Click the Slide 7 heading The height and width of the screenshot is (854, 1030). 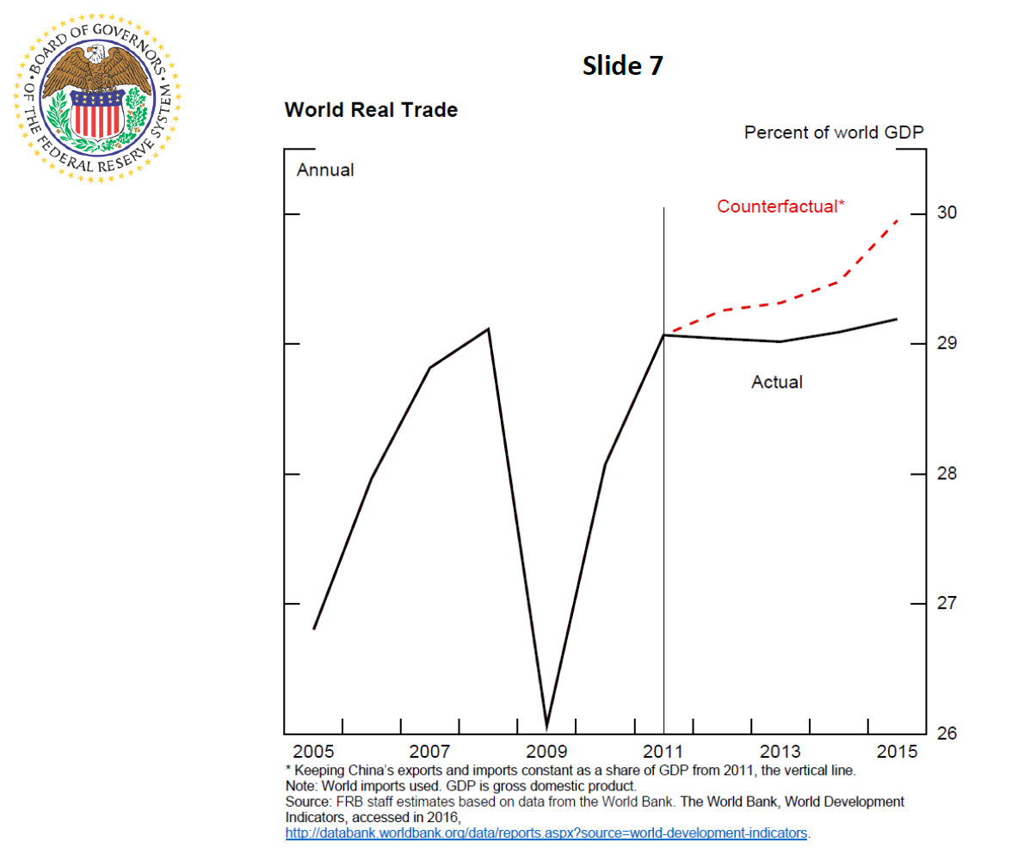622,66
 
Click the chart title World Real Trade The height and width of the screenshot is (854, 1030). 371,110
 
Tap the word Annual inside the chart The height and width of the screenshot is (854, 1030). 325,170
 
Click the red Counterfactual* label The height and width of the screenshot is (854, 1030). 780,206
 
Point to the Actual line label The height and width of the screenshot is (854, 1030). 777,382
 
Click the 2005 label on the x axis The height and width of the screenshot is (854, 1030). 314,749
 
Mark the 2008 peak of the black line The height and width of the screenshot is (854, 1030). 489,329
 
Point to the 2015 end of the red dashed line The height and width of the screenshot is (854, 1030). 897,220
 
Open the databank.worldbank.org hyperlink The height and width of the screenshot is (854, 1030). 547,833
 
